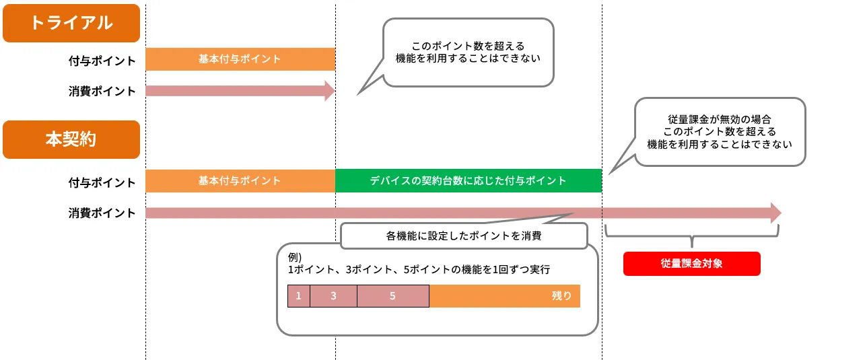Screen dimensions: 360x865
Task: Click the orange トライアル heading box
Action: (x=71, y=23)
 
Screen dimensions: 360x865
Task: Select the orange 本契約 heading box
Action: (x=71, y=139)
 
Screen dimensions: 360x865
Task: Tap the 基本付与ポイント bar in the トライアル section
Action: (x=240, y=59)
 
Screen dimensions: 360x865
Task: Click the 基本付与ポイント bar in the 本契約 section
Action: (x=240, y=181)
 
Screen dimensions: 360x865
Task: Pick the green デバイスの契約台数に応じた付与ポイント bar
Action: (x=468, y=181)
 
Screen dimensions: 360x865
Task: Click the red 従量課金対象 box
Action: (x=691, y=264)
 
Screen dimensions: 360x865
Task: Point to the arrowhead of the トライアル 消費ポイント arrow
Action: (x=329, y=91)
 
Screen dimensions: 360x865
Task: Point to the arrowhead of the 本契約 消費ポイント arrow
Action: (x=775, y=213)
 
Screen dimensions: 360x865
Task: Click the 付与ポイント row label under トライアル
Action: (x=102, y=61)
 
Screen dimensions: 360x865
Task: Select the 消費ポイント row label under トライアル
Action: (x=102, y=91)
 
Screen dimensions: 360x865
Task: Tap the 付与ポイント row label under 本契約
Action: (x=102, y=182)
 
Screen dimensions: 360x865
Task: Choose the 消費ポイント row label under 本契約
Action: (x=102, y=213)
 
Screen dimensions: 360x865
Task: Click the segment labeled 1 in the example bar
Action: (x=299, y=296)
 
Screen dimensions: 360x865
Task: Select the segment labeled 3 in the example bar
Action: (x=333, y=296)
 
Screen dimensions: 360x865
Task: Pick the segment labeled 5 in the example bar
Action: (x=392, y=296)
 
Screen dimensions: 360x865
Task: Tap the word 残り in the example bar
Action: (x=561, y=296)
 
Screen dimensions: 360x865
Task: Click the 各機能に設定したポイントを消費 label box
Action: (x=464, y=236)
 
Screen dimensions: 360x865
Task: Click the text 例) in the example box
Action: (x=294, y=257)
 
